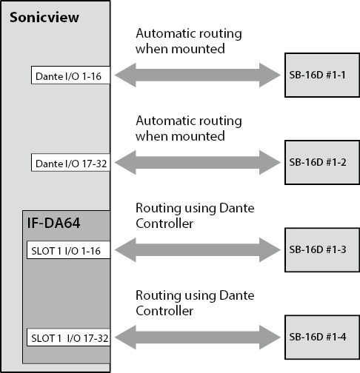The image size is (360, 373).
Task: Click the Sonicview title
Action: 44,18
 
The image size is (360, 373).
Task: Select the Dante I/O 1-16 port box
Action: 70,75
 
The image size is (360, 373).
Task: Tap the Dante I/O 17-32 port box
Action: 70,162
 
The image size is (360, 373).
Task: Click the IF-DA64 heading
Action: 53,223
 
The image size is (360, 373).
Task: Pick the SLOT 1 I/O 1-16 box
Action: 68,250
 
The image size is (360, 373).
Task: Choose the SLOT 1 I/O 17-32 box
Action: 68,337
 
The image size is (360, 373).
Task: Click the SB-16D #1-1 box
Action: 322,75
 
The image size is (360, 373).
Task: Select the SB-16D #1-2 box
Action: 322,162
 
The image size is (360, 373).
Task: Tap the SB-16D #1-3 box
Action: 322,250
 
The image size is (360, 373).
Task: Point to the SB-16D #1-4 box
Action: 322,337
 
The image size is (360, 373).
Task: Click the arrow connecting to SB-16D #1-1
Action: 198,75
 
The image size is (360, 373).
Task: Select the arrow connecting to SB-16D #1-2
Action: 198,162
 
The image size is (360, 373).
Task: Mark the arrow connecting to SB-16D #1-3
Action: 198,250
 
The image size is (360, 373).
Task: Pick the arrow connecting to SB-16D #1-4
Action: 198,337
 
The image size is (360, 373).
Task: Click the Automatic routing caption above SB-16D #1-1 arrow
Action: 189,41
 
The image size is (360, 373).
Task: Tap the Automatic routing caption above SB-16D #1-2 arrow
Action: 189,128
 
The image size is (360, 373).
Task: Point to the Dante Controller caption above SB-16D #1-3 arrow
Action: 195,215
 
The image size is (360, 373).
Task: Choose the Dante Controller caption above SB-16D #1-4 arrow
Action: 195,303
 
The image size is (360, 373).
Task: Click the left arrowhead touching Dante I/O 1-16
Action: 125,75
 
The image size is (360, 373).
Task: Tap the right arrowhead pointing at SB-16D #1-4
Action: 270,337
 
